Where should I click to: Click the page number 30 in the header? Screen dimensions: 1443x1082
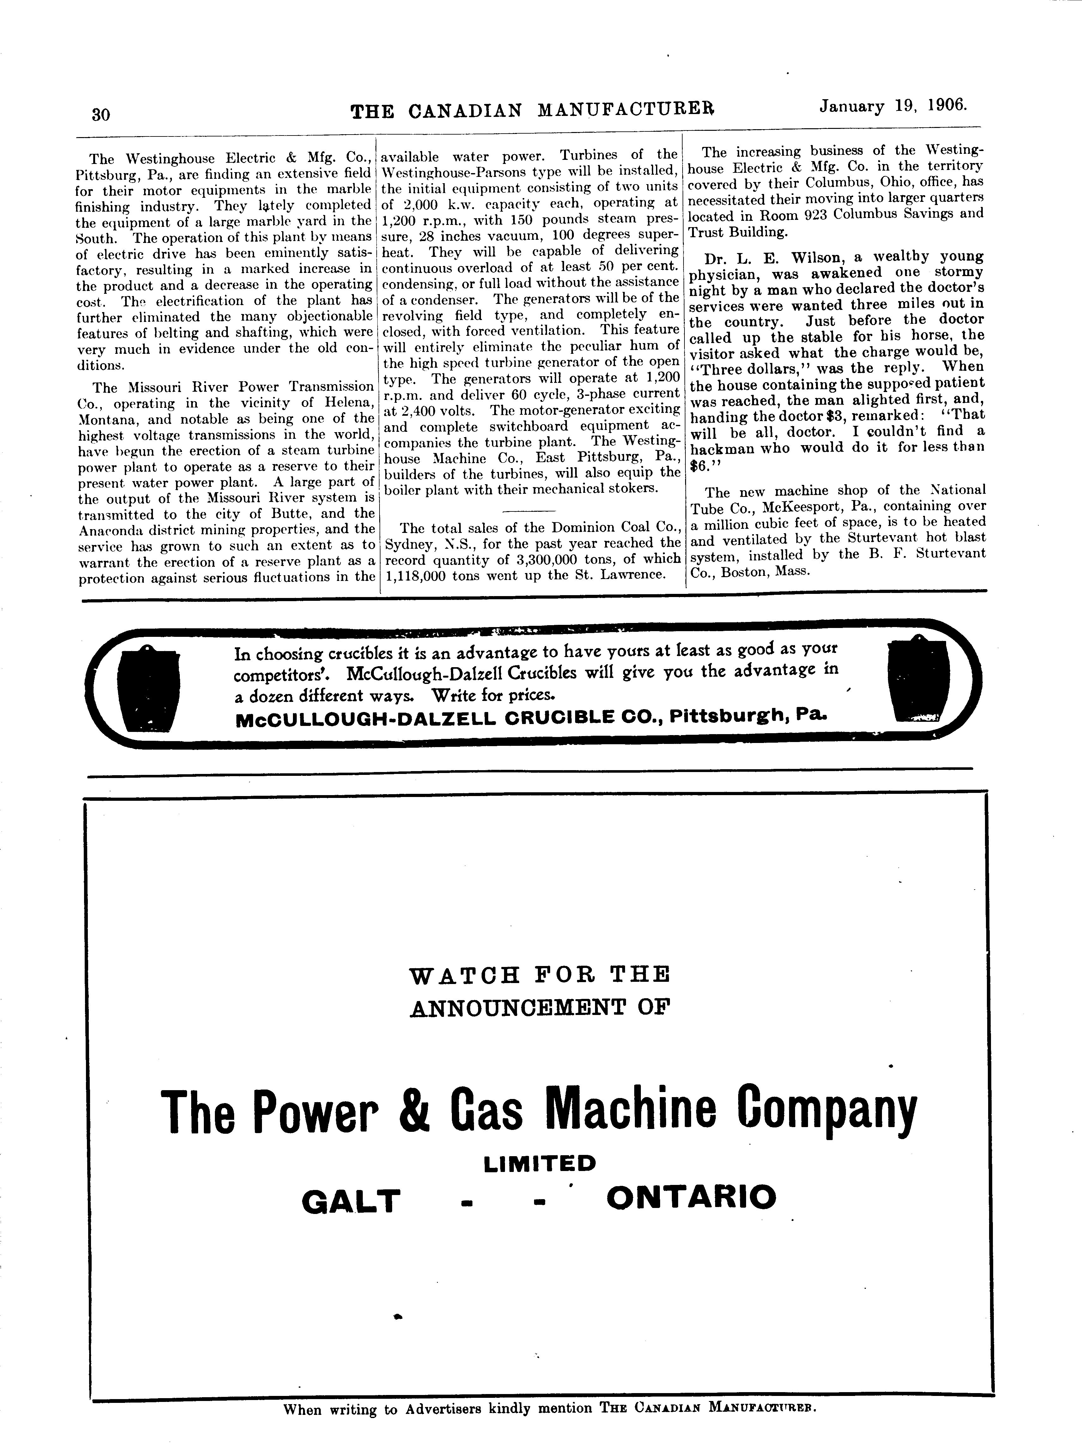[101, 115]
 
